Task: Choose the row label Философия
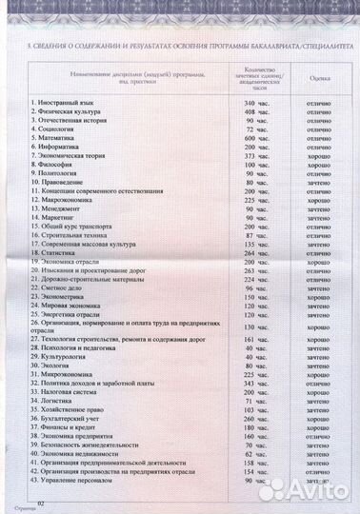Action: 56,166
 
